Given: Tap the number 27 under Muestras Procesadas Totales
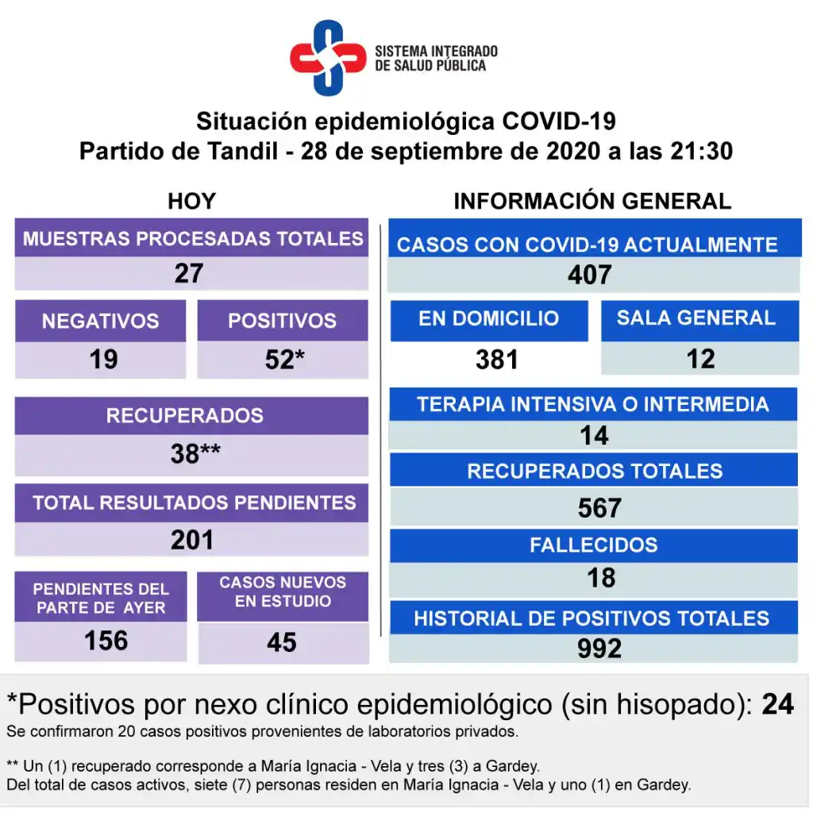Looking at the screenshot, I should coord(189,273).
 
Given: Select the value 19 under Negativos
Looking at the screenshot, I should coord(103,360).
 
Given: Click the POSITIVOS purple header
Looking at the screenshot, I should coord(282,321).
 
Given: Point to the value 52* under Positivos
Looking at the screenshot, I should coord(284,360).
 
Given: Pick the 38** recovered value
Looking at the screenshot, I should coord(195,453).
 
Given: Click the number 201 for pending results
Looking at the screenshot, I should coord(192,540).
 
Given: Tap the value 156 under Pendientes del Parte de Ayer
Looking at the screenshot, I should coord(106,640).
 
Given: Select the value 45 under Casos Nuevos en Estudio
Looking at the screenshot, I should coord(282,642).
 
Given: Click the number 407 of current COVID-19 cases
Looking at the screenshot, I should coord(589,275).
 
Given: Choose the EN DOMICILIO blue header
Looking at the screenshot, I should coord(488,319).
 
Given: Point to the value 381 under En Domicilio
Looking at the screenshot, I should coord(497,360).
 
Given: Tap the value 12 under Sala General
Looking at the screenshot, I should coord(700,359).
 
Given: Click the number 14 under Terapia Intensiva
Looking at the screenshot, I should coord(594,435).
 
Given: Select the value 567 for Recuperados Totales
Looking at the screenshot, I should coord(599,508).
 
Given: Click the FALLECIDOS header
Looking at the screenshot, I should coord(594,545).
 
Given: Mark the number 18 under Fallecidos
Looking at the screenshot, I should coord(601,578).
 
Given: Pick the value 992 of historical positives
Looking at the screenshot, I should coord(599,649).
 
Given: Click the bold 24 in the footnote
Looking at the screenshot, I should coord(777,703).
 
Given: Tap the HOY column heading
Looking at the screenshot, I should coord(191,202).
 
